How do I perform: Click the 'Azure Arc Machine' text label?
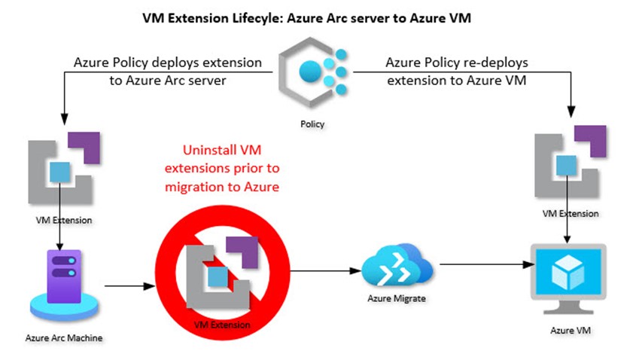click(x=58, y=337)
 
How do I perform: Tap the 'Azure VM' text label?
click(x=567, y=330)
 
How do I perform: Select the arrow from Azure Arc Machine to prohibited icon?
click(x=129, y=286)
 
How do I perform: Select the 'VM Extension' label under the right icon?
click(x=570, y=213)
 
